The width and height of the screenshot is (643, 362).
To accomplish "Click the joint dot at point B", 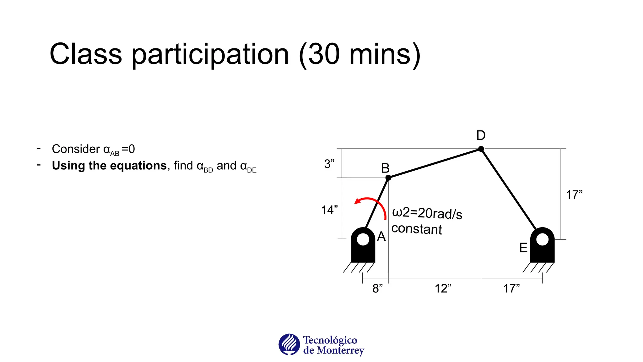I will [388, 178].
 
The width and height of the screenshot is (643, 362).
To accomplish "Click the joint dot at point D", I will [481, 149].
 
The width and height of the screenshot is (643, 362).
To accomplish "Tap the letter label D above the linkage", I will [481, 135].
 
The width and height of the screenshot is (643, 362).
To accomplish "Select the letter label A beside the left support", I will [381, 237].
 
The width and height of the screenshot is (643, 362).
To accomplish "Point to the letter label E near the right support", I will [523, 248].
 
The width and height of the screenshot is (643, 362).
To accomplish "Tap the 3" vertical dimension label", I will [329, 164].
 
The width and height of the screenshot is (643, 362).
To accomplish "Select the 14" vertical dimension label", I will [329, 210].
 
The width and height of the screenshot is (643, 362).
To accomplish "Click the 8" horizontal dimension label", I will [377, 288].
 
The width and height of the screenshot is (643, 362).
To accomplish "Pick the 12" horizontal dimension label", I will [443, 288].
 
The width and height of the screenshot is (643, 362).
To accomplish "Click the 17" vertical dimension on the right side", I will [574, 195].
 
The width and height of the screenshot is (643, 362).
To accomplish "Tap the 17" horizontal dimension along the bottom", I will [511, 288].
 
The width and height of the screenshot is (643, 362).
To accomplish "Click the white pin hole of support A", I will [363, 239].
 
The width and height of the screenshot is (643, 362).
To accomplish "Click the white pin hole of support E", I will [543, 239].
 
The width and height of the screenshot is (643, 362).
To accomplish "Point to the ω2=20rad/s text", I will [427, 213].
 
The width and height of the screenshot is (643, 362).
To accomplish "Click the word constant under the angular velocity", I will [417, 229].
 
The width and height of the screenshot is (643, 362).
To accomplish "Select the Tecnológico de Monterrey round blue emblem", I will [289, 344].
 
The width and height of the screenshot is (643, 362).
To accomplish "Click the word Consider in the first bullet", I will [76, 149].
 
